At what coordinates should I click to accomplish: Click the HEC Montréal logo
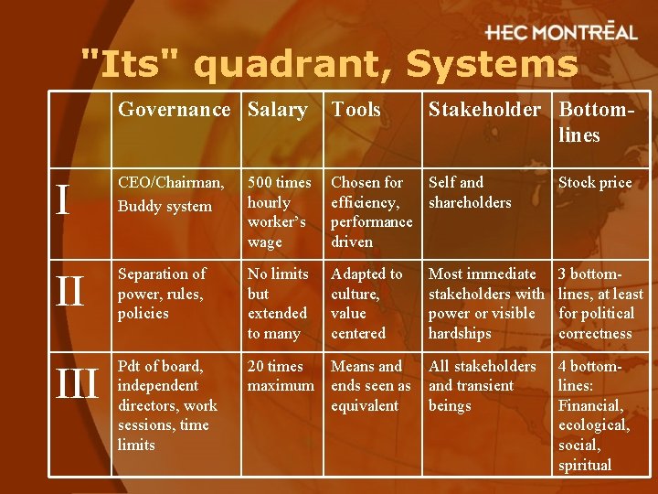pos(560,33)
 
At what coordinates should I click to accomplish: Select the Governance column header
pos(175,110)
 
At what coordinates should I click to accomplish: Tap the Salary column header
pos(277,110)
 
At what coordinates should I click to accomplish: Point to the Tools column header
pos(356,110)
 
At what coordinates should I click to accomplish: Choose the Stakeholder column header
pos(484,110)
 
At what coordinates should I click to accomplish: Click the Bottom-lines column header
pos(591,122)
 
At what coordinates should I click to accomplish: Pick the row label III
pos(78,384)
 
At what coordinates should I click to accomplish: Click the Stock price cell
pos(595,183)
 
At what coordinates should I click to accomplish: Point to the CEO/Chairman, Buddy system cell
pos(171,194)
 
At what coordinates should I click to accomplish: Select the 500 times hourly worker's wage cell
pos(279,211)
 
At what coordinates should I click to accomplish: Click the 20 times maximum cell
pos(281,375)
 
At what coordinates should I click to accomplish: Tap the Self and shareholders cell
pos(470,192)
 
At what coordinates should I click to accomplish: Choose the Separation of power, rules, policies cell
pos(162,293)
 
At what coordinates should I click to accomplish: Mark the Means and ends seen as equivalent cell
pos(370,385)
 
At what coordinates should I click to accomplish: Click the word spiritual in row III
pos(585,465)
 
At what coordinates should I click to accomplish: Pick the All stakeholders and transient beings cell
pos(483,385)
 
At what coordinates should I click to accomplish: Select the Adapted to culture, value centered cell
pos(366,303)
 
